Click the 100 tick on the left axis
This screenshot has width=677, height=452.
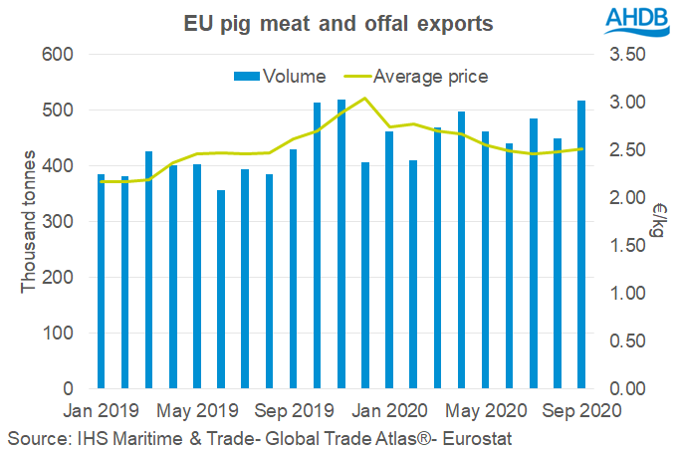coord(63,334)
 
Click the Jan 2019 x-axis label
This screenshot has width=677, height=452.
coord(103,409)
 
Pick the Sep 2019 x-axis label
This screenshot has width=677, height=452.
coord(294,409)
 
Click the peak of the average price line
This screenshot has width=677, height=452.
coord(364,98)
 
